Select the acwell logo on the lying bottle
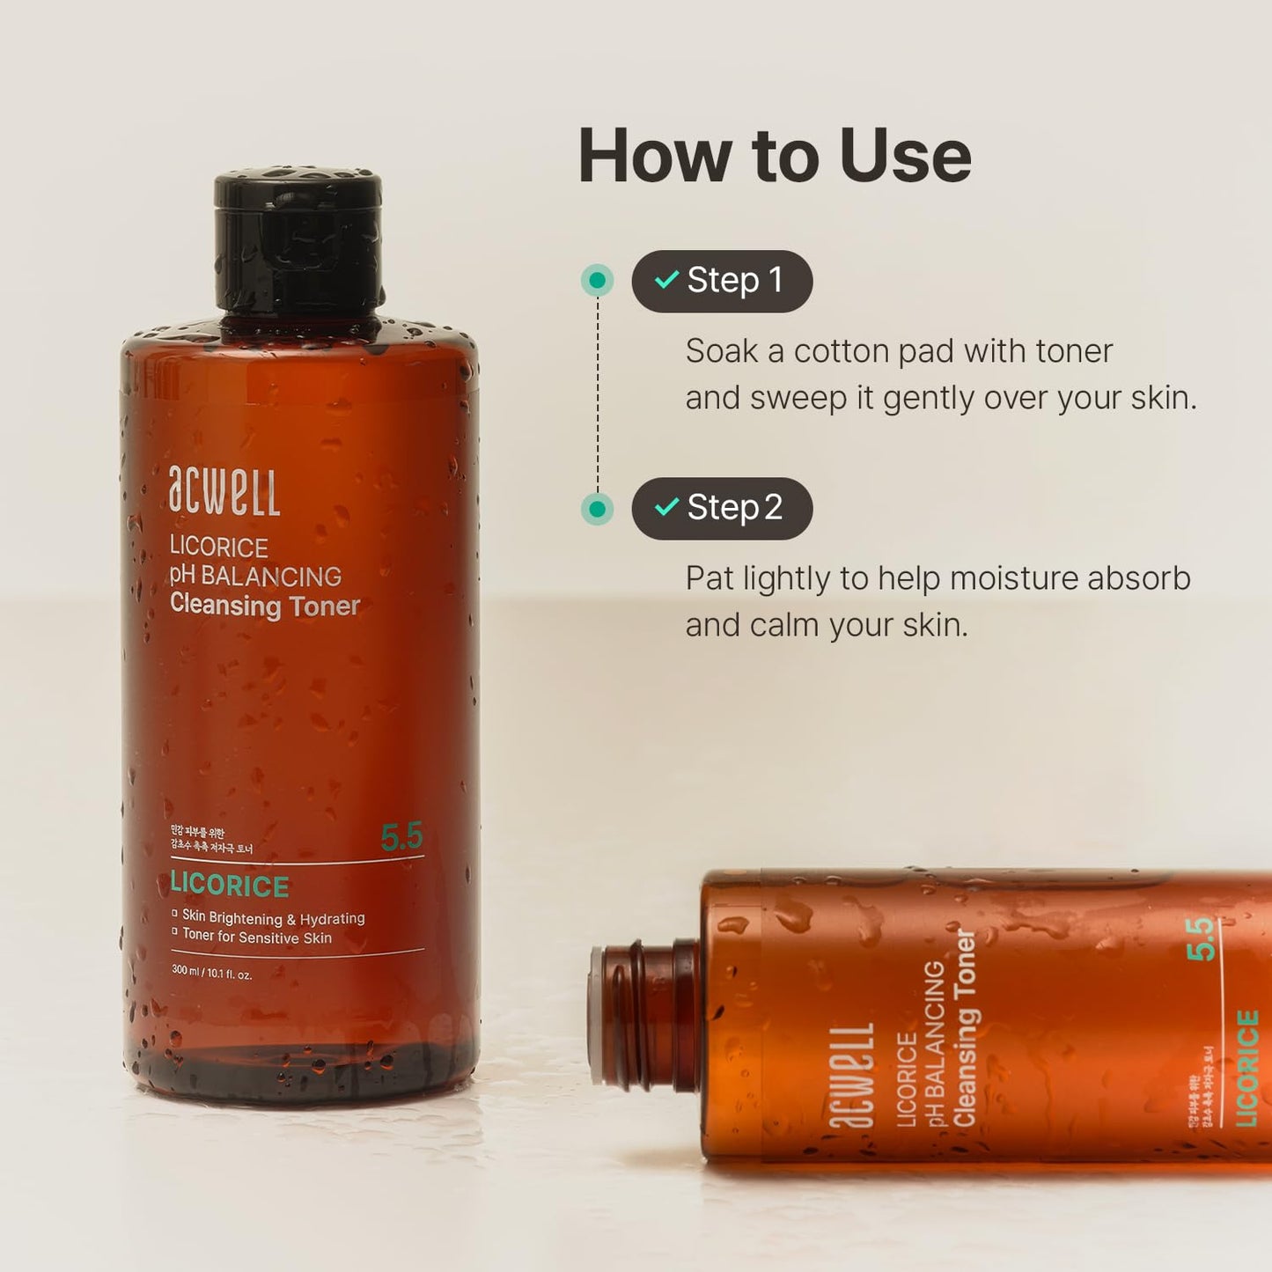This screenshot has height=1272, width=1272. (851, 1075)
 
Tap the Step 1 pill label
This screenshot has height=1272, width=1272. (722, 281)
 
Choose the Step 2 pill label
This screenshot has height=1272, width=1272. (722, 508)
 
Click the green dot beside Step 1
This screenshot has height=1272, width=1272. (597, 281)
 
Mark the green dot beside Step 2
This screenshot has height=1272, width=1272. (597, 509)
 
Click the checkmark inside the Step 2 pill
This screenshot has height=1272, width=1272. (666, 507)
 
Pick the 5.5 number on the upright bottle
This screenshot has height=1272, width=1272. (401, 836)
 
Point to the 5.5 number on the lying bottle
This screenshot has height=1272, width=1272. (1201, 938)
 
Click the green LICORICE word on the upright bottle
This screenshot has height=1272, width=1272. (230, 885)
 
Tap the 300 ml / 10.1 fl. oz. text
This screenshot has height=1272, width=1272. (212, 974)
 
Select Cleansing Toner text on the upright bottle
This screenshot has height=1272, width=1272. (265, 606)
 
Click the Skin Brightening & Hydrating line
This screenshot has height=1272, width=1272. (273, 917)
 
